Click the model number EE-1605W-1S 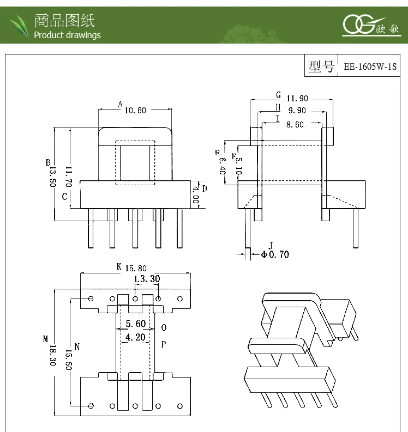click(x=369, y=68)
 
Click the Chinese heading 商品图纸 click(x=64, y=21)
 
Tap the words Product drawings click(x=67, y=35)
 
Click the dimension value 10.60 click(x=135, y=110)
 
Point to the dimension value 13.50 click(x=53, y=176)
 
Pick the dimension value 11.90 click(x=297, y=99)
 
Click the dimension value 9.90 click(x=297, y=111)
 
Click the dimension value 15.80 click(x=136, y=268)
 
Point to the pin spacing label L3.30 click(x=147, y=279)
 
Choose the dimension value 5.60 click(x=135, y=324)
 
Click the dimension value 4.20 click(x=135, y=337)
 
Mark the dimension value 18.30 click(x=53, y=356)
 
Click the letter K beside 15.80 click(x=118, y=267)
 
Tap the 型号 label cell click(x=321, y=67)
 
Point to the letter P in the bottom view click(x=163, y=344)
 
